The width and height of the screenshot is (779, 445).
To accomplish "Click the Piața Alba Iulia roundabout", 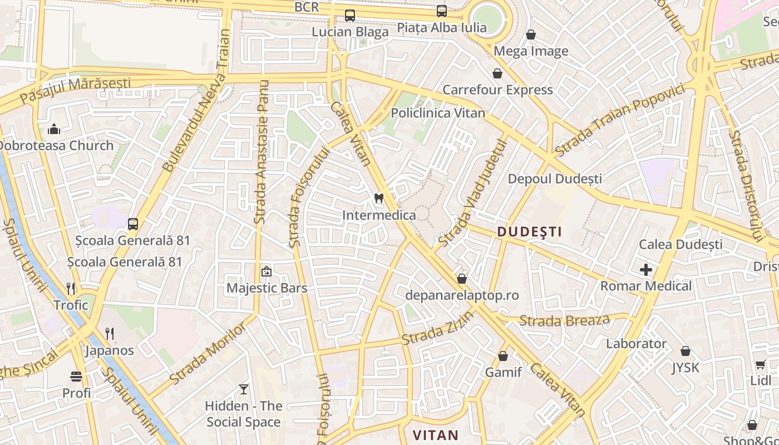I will pos(487,18).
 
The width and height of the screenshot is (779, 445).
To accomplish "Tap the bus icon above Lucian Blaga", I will pos(349,16).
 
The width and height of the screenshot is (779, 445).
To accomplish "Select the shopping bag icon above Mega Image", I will pos(531,34).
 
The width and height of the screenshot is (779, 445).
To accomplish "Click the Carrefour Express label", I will pos(497,90).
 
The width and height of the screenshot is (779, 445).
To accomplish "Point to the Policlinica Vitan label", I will pos(437,113).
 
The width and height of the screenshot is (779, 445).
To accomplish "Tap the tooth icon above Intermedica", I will pos(379,199).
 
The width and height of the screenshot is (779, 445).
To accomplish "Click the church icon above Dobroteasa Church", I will pos(54,129).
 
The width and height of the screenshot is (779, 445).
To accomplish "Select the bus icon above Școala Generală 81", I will pos(132,224).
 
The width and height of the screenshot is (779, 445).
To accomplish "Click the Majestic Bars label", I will pos(267,288).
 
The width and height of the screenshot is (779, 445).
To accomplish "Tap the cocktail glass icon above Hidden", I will pos(243,389).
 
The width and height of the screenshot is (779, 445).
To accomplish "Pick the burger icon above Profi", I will pos(76,377).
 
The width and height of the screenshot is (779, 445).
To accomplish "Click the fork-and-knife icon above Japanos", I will pos(110,334).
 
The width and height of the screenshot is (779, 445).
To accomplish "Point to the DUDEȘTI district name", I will pos(529,232).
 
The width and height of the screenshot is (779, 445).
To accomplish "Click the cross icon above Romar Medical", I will pos(645,270).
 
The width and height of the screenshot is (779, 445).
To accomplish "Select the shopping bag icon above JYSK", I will pos(686,351).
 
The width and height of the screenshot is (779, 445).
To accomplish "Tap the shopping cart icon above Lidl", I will pos(760,364).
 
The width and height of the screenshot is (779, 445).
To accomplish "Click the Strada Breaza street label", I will pos(564,320).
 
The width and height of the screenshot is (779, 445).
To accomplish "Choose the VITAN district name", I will pos(435,435).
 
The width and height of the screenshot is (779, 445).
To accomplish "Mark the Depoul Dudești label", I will pos(555,179).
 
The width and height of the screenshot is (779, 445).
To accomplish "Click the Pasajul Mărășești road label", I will pos(75,90).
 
